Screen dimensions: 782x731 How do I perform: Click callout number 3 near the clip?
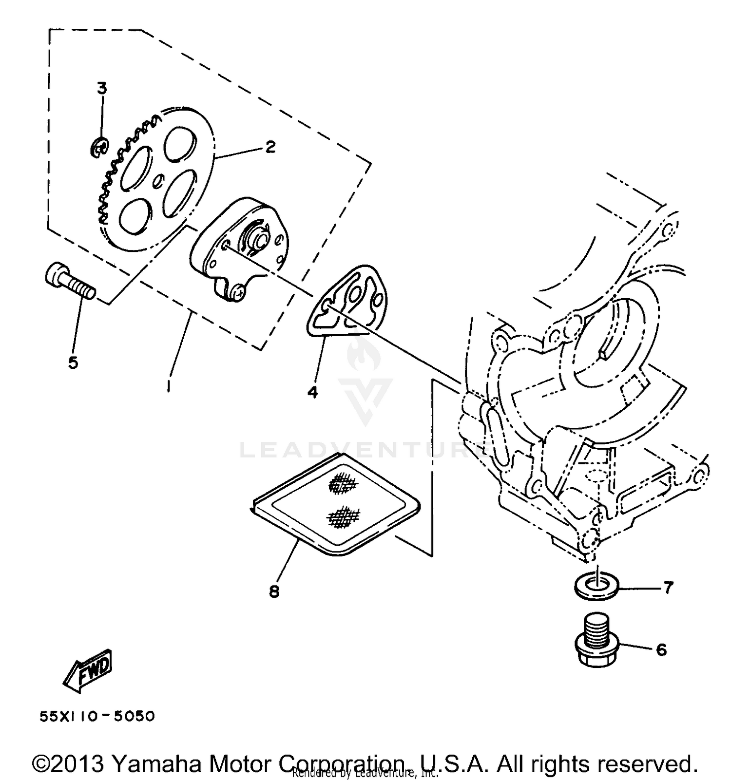(x=101, y=89)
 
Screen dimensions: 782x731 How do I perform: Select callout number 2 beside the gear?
(x=270, y=147)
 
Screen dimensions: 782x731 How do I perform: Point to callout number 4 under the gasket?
(x=312, y=391)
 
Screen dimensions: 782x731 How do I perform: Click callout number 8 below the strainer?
(x=274, y=591)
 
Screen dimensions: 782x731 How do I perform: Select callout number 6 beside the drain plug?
(x=661, y=649)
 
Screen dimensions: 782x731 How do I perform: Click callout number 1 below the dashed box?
(x=169, y=385)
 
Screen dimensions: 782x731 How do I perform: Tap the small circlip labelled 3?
(x=99, y=148)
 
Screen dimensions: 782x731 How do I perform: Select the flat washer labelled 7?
(x=596, y=584)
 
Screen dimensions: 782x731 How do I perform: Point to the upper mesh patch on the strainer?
(x=344, y=484)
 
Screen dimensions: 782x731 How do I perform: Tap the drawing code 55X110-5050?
(x=97, y=716)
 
